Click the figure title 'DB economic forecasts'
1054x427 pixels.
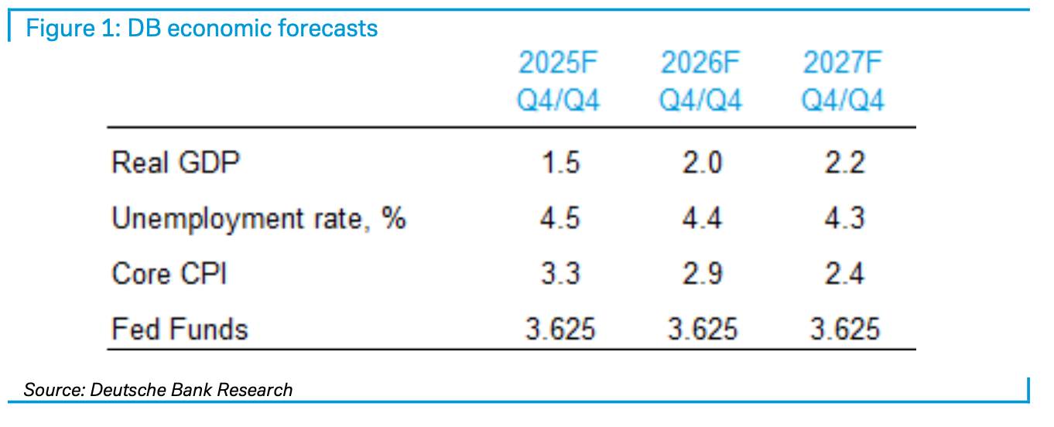pyautogui.click(x=201, y=29)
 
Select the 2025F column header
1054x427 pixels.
pyautogui.click(x=560, y=82)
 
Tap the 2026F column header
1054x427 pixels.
pyautogui.click(x=701, y=82)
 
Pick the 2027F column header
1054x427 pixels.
pyautogui.click(x=843, y=82)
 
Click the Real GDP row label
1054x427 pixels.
pyautogui.click(x=176, y=163)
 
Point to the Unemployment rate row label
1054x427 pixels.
pyautogui.click(x=258, y=219)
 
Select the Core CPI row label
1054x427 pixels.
pyautogui.click(x=169, y=274)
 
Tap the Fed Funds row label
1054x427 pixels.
pyautogui.click(x=180, y=330)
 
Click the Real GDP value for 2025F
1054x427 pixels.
pyautogui.click(x=560, y=163)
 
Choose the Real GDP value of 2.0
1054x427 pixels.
pyautogui.click(x=701, y=163)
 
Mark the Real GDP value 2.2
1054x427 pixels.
pyautogui.click(x=844, y=163)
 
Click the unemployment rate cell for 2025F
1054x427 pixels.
pyautogui.click(x=560, y=219)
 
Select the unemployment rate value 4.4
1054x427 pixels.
pyautogui.click(x=701, y=219)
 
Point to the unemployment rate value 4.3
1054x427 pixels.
pyautogui.click(x=844, y=219)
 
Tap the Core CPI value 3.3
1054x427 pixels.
pyautogui.click(x=560, y=274)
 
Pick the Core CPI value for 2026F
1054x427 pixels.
pyautogui.click(x=701, y=274)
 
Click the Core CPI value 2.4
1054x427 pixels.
pyautogui.click(x=844, y=274)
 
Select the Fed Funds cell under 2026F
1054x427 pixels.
pyautogui.click(x=702, y=330)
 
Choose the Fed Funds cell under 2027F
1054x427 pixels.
pyautogui.click(x=844, y=330)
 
